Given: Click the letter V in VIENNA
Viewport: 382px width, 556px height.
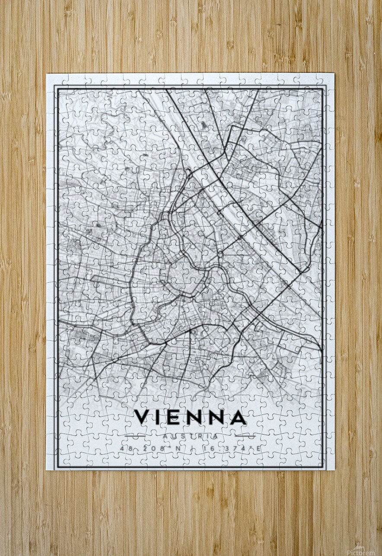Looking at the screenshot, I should tap(143, 417).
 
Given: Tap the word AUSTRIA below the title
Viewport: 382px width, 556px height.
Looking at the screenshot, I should tap(190, 437).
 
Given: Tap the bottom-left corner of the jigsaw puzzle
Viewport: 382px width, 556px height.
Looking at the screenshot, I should tap(47, 470).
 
